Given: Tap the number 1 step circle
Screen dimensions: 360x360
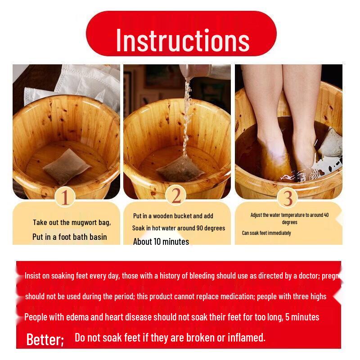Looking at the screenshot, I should [66, 197].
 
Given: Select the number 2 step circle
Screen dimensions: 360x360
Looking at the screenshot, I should [176, 195].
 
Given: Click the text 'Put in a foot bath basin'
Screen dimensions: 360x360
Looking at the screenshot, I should [70, 237].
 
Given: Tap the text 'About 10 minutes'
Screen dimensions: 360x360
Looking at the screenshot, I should [161, 242].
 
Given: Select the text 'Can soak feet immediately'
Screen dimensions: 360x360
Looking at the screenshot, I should [266, 233].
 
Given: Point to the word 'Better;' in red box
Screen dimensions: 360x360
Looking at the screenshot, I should [45, 339].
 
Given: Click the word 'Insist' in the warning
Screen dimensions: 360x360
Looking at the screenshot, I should [33, 276].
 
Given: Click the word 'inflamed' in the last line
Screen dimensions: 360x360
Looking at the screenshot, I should [246, 337].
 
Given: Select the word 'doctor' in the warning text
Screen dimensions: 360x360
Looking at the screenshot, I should [307, 276].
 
